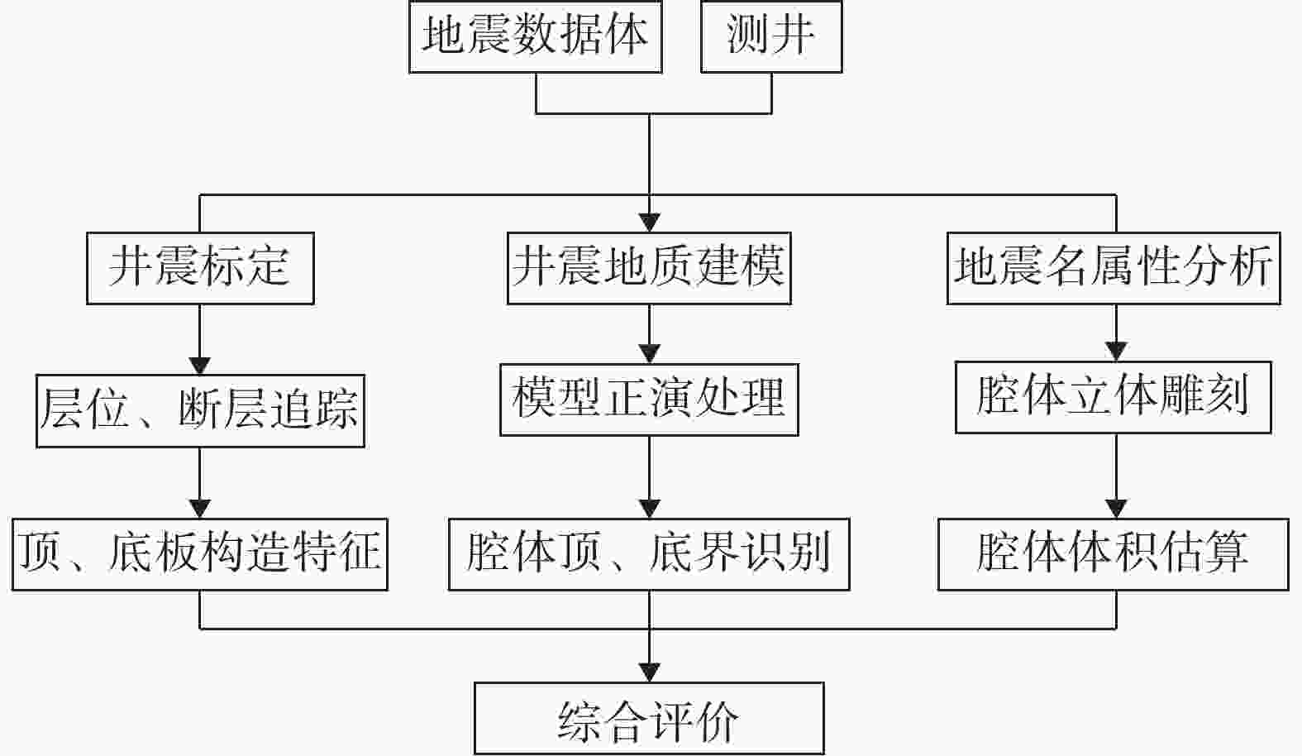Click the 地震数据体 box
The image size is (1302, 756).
point(536,36)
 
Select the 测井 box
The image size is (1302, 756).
point(771,36)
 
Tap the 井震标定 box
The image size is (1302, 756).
point(201,268)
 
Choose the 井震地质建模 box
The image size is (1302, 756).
point(649,268)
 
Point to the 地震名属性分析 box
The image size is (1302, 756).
point(1114,268)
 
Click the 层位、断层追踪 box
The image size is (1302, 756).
point(201,410)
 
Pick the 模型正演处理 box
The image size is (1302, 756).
point(649,400)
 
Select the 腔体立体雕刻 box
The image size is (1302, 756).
point(1114,397)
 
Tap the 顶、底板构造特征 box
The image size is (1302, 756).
point(200,554)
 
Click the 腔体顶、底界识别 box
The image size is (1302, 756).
point(649,554)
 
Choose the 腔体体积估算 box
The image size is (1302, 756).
point(1114,554)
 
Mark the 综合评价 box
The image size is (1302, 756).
point(649,718)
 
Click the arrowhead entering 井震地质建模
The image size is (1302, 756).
point(649,223)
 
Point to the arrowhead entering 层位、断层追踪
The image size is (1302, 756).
point(200,366)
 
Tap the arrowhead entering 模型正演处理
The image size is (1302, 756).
point(649,354)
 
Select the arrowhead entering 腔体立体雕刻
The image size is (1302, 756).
point(1116,352)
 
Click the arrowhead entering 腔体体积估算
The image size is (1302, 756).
point(1116,509)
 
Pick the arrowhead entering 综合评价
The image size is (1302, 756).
point(649,672)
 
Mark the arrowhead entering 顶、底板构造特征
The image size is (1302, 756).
point(200,509)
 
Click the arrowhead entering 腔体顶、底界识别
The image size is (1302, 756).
point(649,509)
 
